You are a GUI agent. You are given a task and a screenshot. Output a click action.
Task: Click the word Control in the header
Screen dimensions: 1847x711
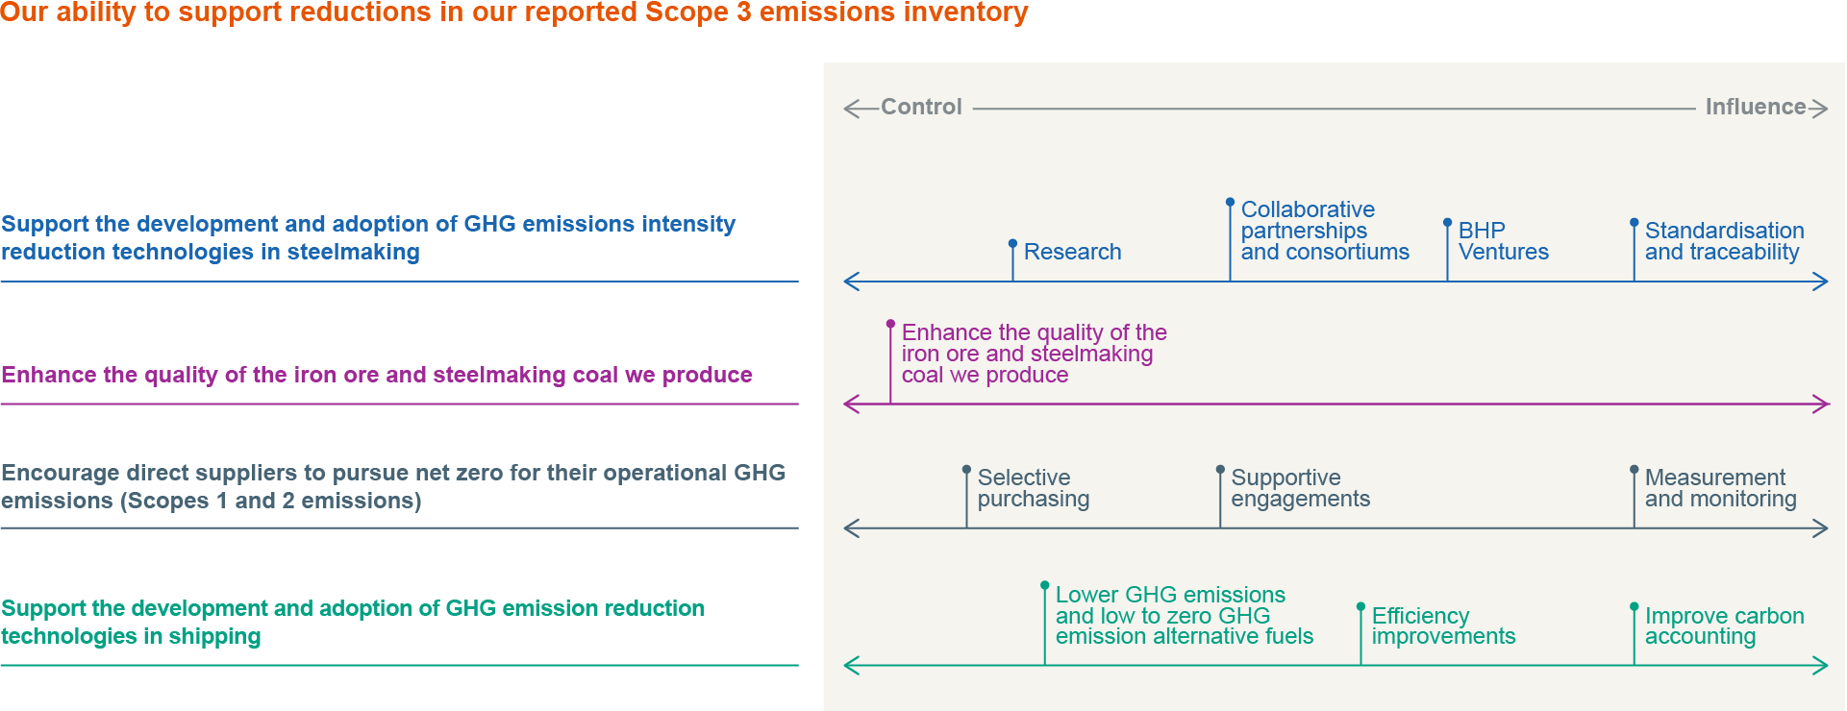pos(921,107)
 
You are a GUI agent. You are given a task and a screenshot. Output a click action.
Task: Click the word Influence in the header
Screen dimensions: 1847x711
pos(1756,107)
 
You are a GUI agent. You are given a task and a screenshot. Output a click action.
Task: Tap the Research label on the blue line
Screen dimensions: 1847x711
pos(1072,252)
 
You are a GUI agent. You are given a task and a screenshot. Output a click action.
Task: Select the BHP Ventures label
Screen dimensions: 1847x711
pos(1504,241)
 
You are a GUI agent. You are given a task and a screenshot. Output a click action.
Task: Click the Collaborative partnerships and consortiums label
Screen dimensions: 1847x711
pos(1325,231)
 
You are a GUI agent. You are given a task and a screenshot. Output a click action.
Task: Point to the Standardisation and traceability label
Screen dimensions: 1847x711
pos(1724,241)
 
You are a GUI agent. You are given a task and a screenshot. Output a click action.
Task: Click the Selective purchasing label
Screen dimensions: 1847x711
pos(1034,488)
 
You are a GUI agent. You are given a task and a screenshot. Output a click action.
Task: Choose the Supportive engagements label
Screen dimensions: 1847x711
pos(1300,488)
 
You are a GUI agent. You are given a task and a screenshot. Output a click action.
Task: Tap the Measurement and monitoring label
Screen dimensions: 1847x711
pos(1720,488)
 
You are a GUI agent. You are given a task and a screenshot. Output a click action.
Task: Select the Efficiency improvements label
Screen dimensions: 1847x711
pos(1443,625)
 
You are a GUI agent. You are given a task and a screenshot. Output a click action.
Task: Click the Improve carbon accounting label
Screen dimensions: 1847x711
pos(1724,625)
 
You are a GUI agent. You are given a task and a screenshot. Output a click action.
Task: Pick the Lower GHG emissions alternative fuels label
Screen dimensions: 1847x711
pos(1184,615)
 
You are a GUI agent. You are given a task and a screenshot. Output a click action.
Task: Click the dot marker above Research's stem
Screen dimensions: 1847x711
pos(1012,243)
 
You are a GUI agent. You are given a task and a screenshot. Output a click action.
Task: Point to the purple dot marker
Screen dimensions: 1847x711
pos(890,324)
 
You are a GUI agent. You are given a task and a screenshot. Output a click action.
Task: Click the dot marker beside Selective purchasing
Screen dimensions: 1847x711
pos(966,470)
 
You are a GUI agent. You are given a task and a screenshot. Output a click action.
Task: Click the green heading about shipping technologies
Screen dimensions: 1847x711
pos(353,623)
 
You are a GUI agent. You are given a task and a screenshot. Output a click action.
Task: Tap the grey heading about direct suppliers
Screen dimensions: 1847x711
pos(393,487)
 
